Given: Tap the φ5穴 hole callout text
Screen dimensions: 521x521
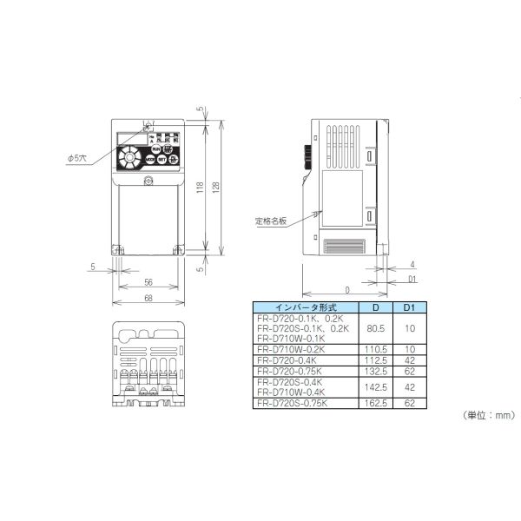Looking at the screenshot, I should [x=77, y=158].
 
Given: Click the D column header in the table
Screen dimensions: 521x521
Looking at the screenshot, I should [x=375, y=308].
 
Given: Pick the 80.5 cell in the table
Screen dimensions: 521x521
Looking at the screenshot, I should [x=375, y=329].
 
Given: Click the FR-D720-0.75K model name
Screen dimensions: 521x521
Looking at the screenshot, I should [x=291, y=369].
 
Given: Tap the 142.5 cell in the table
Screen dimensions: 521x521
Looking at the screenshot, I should [x=375, y=386].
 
